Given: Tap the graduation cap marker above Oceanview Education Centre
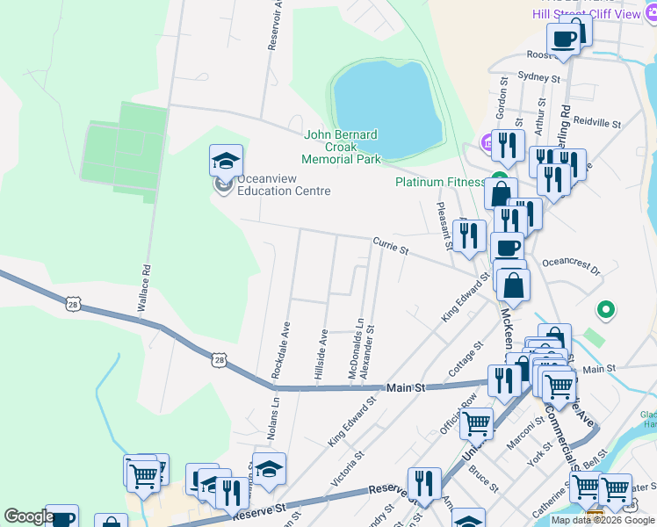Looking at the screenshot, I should coord(226,162).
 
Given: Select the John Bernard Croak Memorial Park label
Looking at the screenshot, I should coord(341,147).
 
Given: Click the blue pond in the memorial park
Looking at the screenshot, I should coord(386,104).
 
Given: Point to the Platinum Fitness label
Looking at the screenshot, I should coord(439,183).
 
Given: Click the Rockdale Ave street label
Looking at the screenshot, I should coord(280,350).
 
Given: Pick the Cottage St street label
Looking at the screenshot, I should coord(466,357).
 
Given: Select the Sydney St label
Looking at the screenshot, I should coord(538,77).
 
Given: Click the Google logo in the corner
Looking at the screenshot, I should coord(29,516).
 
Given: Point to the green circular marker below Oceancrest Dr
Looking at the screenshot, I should coord(605,310).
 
